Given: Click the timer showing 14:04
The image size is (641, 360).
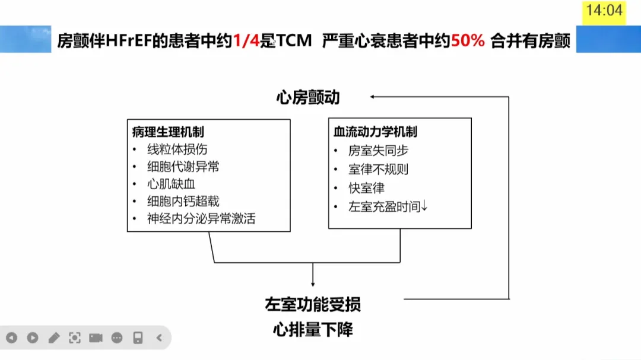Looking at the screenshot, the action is point(604,10).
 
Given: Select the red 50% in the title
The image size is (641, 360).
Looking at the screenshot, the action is point(468,41).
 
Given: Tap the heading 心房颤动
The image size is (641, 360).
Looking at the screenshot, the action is point(308,97).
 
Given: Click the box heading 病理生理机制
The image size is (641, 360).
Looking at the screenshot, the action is point(168,132).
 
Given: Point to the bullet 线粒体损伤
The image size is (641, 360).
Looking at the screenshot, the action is point(177,149).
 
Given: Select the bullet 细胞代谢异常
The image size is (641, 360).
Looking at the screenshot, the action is point(183,167).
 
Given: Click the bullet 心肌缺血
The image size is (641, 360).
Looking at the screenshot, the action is point(172,184).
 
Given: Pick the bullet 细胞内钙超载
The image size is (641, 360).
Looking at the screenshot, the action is point(183,201).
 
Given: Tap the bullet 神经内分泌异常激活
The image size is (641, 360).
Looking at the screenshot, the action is point(201,218).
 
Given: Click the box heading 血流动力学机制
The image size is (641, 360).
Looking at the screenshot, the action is point(375,132).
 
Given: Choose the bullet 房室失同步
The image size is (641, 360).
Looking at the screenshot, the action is point(379,151).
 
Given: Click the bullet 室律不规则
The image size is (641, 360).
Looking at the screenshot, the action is point(379,169).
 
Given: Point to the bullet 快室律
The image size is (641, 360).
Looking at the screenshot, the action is point(367,188).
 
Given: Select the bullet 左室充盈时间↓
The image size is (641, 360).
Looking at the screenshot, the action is point(388,206).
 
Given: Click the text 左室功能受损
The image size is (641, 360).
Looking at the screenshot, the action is point(313,304).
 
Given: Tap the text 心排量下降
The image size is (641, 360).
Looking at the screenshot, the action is point(313,329).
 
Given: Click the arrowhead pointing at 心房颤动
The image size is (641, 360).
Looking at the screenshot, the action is point(372,95).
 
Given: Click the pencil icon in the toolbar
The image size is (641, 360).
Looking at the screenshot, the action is point(54,338).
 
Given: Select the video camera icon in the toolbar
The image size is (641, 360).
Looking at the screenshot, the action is point(96,338).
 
